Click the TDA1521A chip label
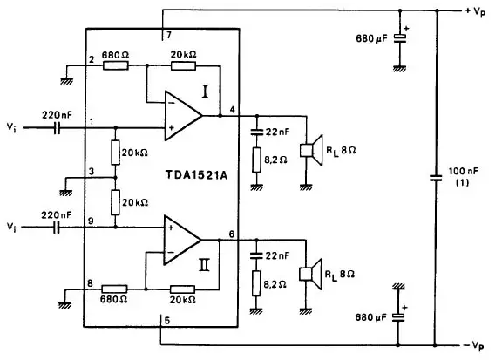pyautogui.click(x=196, y=175)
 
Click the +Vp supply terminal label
pyautogui.click(x=476, y=11)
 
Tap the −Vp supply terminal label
pyautogui.click(x=474, y=345)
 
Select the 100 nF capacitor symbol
pyautogui.click(x=436, y=178)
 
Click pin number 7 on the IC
pyautogui.click(x=169, y=35)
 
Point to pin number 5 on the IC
pyautogui.click(x=166, y=320)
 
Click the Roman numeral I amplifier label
pyautogui.click(x=205, y=92)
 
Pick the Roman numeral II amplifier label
pyautogui.click(x=204, y=265)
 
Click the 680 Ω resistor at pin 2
pyautogui.click(x=115, y=66)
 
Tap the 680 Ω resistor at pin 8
pyautogui.click(x=114, y=289)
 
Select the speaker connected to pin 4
pyautogui.click(x=311, y=150)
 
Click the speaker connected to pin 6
pyautogui.click(x=310, y=275)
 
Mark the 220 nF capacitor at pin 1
pyautogui.click(x=57, y=128)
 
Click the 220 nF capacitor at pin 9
pyautogui.click(x=57, y=228)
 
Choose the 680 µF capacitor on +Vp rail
pyautogui.click(x=399, y=38)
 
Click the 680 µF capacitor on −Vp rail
pyautogui.click(x=398, y=317)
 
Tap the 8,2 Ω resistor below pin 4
pyautogui.click(x=256, y=160)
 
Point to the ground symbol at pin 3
pyautogui.click(x=65, y=193)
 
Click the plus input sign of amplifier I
pyautogui.click(x=172, y=128)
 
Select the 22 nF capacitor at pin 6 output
pyautogui.click(x=256, y=255)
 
